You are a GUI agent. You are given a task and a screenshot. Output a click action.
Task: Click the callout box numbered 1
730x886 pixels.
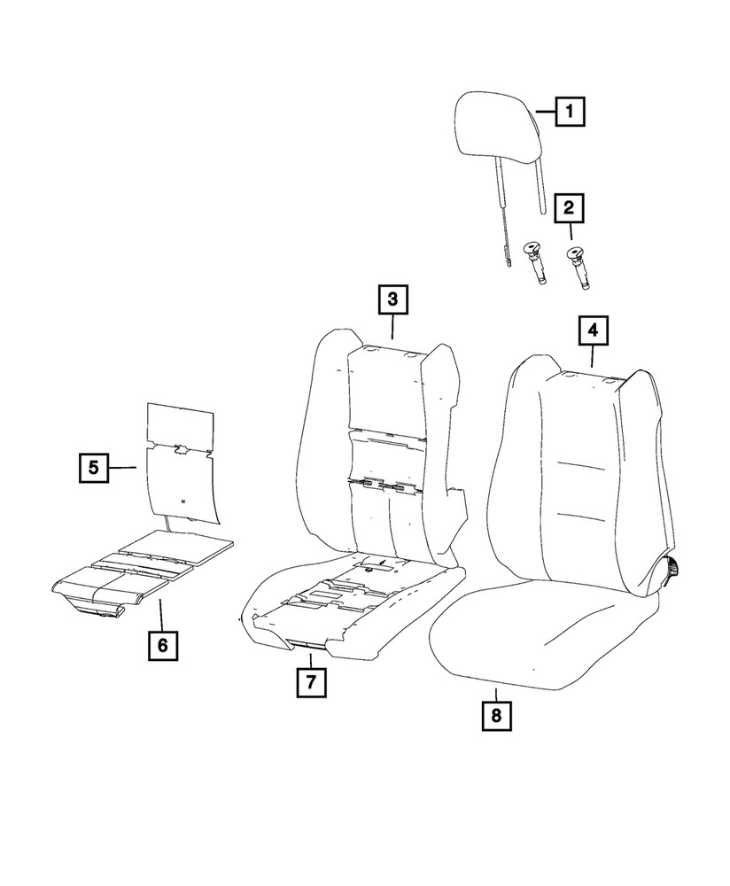[571, 113]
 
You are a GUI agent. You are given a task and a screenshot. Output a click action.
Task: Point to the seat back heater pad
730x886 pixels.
[182, 461]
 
